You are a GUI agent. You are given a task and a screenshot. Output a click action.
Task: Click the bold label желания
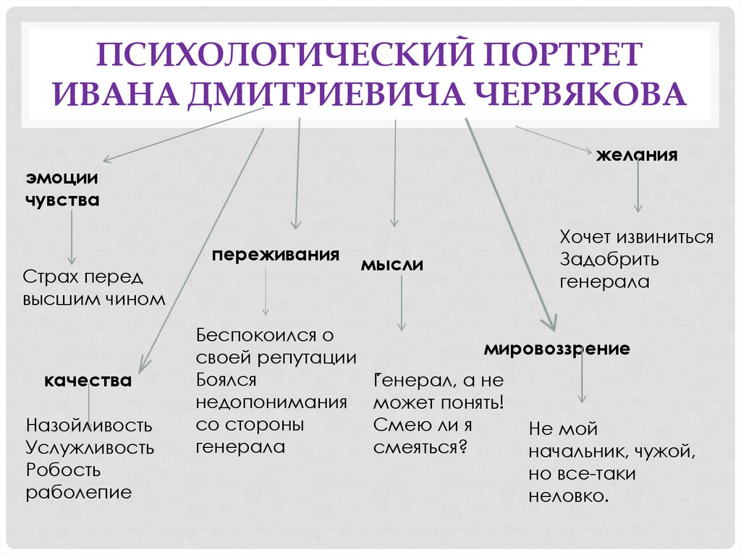[x=636, y=155]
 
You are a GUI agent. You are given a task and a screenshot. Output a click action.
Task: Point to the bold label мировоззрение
[x=556, y=349]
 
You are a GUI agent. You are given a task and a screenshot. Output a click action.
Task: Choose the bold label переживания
[x=276, y=255]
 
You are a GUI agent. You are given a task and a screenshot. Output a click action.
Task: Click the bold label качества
[x=88, y=381]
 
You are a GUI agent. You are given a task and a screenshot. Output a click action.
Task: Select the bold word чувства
[x=63, y=200]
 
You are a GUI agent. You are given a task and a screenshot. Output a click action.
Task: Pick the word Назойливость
[x=89, y=424]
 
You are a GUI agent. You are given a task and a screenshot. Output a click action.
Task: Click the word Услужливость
[x=90, y=447]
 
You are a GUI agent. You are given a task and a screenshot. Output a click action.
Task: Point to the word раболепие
[x=79, y=493]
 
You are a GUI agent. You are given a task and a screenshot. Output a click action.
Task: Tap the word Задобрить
[x=609, y=259]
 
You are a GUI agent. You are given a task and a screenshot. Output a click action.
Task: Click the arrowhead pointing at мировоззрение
[x=551, y=321]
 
